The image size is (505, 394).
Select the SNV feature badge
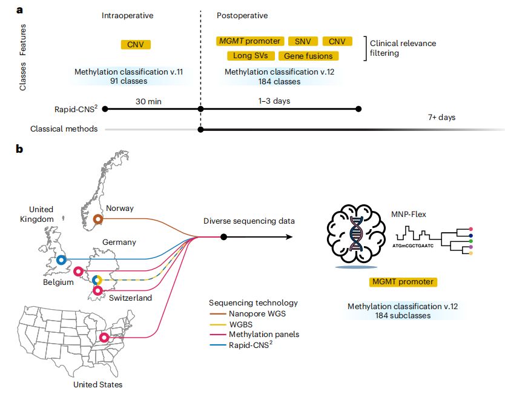pos(303,41)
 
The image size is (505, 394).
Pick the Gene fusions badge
pos(308,56)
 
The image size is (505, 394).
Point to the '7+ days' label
pos(441,117)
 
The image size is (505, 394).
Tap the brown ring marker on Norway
pos(99,219)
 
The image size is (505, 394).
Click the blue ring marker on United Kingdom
pos(61,260)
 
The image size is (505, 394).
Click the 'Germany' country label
pos(119,242)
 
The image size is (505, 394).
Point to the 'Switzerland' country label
pos(131,298)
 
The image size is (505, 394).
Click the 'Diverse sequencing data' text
pos(248,221)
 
